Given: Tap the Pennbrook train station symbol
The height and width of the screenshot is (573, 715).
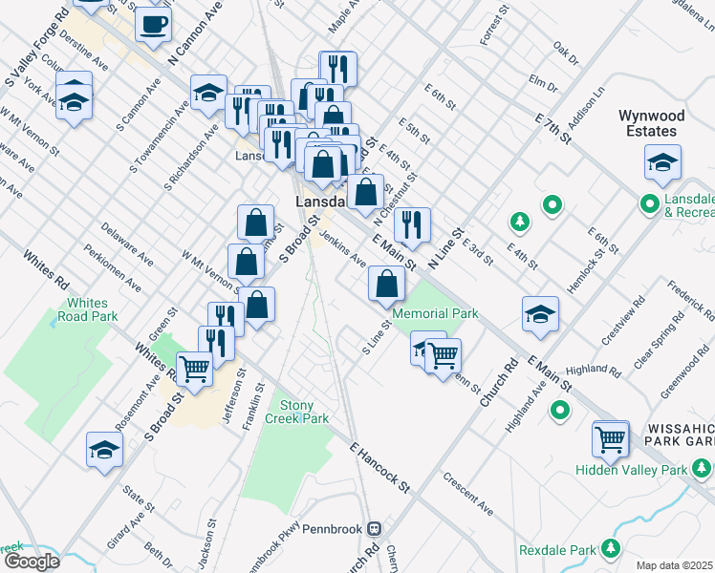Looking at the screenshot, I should coord(376,527).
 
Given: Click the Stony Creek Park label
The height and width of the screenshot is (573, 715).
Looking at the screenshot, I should coord(302,412).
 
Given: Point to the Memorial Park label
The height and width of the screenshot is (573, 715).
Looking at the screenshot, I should coord(434,313).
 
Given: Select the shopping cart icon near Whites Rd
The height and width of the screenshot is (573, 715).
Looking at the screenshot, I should coord(194,366).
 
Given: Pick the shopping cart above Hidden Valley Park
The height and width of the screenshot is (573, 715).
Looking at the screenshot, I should coord(610,438).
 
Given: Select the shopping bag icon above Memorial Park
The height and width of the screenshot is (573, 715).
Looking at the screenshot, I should coord(385,283).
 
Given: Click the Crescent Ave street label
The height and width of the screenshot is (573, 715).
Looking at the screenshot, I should coord(467,493).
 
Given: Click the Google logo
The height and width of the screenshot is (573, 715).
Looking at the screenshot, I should coord(31,562).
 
